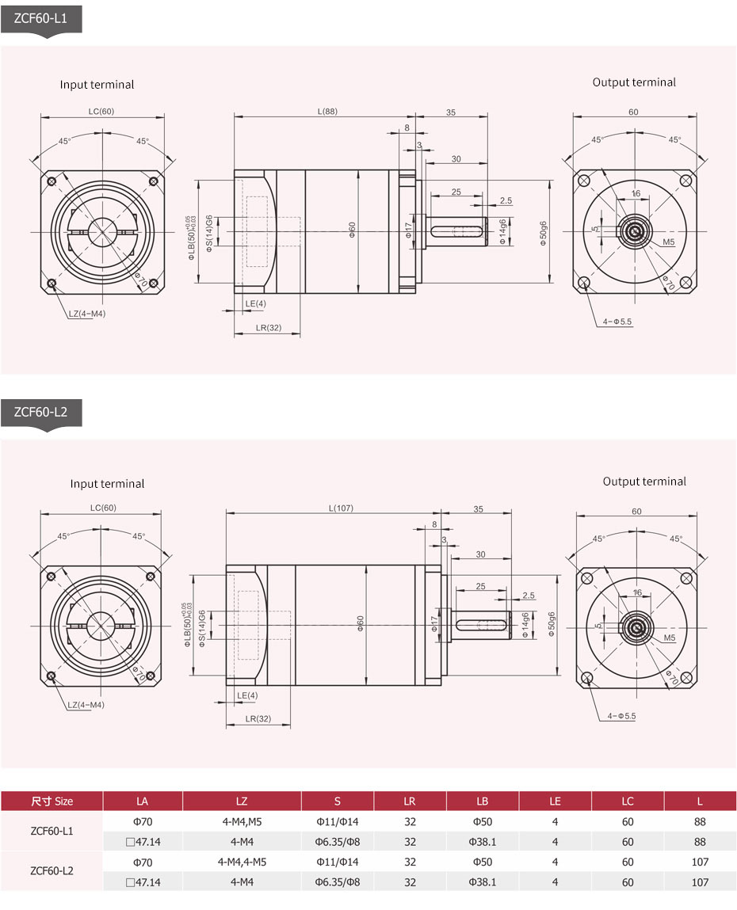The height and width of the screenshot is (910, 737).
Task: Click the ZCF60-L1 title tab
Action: click(40, 17)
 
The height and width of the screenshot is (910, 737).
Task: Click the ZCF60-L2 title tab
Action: click(40, 411)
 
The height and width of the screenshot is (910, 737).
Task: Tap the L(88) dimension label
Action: click(327, 112)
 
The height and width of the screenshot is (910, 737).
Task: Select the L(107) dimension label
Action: click(340, 508)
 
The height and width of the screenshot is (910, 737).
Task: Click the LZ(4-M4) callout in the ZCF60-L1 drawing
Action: click(87, 314)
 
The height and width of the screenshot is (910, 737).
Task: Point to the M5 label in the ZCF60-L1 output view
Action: click(669, 242)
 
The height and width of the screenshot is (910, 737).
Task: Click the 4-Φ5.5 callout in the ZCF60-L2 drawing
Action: click(621, 716)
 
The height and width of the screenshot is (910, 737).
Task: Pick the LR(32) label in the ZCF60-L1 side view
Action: click(269, 327)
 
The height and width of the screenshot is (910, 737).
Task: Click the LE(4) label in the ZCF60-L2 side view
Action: click(247, 695)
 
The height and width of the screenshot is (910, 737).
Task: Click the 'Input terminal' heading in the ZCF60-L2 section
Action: click(107, 484)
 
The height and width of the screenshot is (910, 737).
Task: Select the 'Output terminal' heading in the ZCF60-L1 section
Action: click(634, 82)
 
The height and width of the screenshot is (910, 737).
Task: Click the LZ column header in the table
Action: click(242, 801)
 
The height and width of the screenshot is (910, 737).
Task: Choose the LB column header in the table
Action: click(482, 801)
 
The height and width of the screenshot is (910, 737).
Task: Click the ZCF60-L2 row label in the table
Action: click(52, 871)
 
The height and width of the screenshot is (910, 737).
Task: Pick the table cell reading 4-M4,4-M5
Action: click(242, 862)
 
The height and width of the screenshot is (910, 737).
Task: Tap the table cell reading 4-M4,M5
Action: click(242, 821)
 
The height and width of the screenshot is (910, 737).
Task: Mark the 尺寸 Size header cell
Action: click(52, 801)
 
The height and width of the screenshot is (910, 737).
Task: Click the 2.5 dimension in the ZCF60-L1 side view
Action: click(506, 200)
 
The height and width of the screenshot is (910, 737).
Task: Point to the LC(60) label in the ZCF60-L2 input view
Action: click(102, 508)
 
